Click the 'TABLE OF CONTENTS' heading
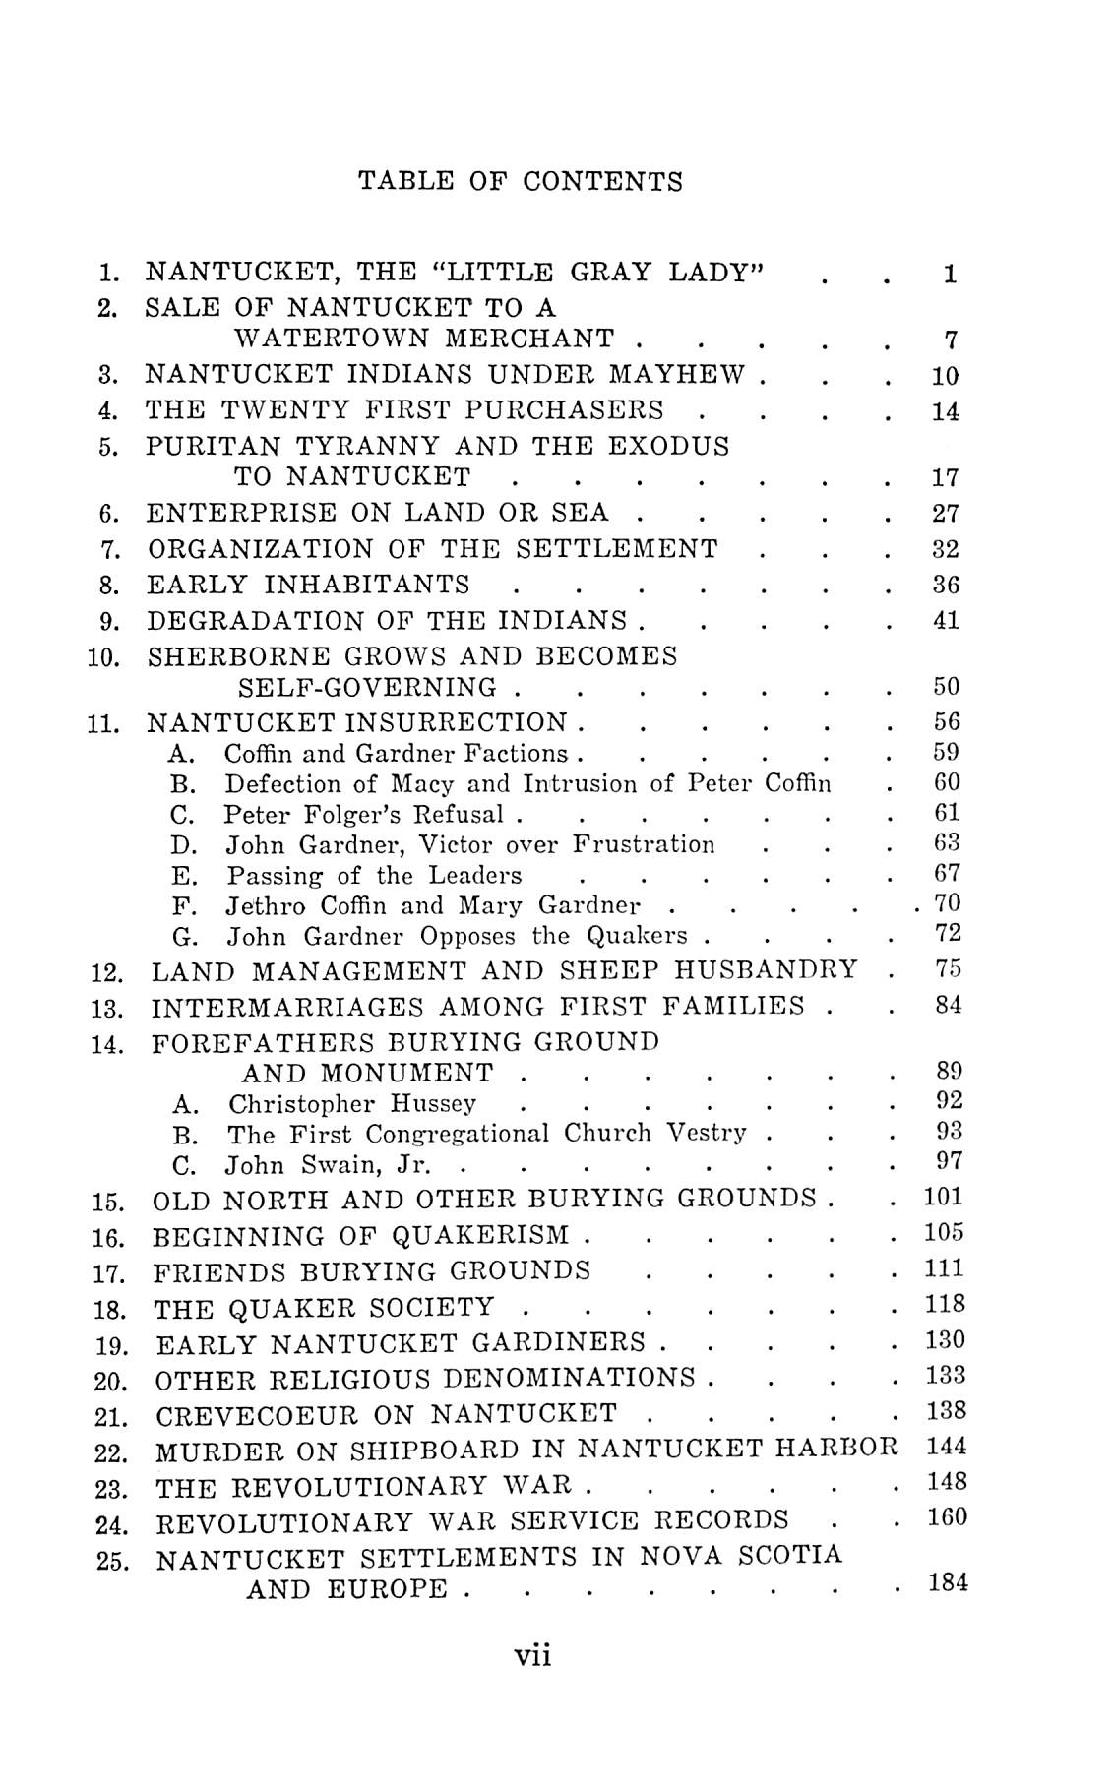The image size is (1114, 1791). coord(520,181)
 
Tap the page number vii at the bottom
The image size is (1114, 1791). coord(532,1655)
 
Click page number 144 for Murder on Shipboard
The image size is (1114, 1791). coord(947,1446)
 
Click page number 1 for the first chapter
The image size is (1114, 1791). coord(949,275)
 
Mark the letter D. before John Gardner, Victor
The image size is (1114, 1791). coord(183,845)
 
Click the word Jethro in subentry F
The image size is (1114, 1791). coord(261,905)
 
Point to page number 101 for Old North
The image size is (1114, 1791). coord(944,1198)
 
